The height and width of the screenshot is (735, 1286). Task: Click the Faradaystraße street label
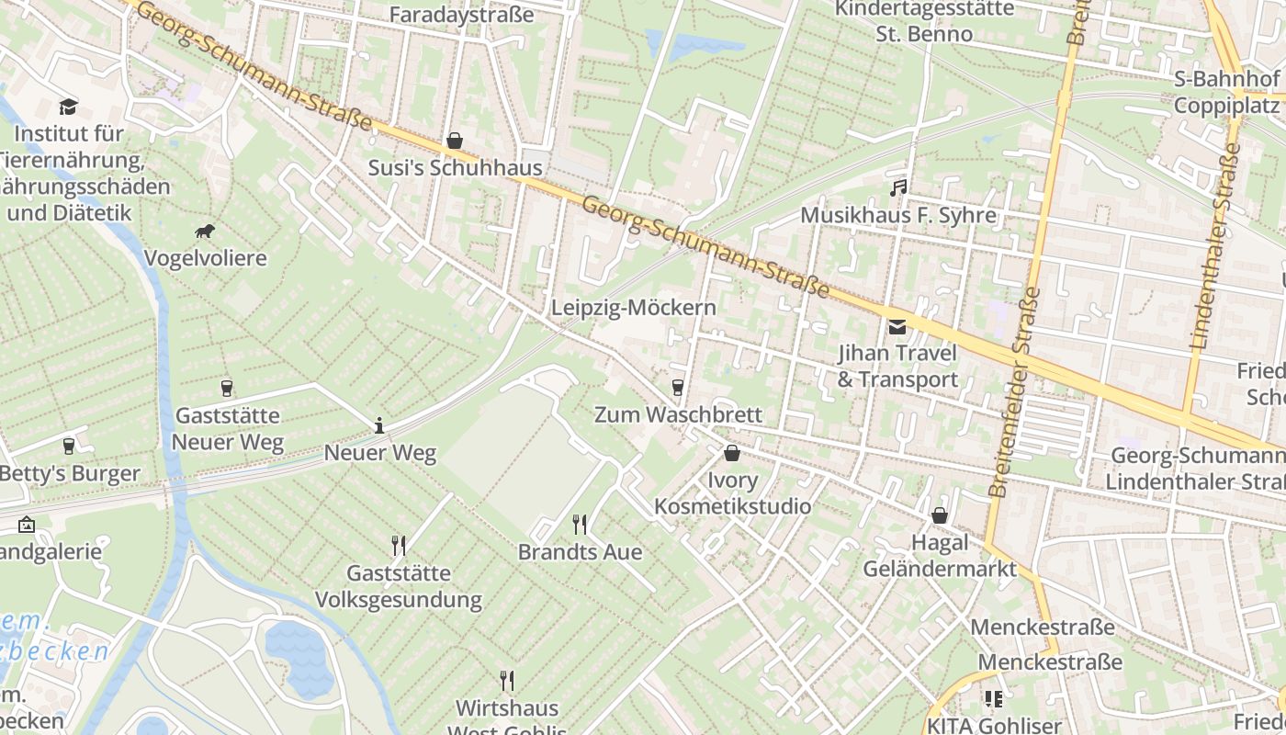point(461,15)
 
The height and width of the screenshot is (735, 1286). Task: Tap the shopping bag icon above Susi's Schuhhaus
point(454,141)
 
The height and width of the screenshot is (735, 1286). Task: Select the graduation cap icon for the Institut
point(68,107)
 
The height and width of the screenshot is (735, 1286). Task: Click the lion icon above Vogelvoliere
point(205,232)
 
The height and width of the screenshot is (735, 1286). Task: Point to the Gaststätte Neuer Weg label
point(228,429)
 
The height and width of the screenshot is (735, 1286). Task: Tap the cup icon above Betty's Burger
point(68,447)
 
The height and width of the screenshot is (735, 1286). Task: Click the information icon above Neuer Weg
point(379,425)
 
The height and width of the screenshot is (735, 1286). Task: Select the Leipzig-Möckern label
point(633,308)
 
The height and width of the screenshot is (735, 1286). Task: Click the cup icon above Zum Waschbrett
point(678,388)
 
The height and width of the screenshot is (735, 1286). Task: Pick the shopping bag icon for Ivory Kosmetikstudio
point(731,453)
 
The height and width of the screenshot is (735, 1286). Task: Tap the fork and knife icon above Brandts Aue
point(580,525)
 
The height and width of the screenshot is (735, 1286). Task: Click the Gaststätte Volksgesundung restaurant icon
point(399,546)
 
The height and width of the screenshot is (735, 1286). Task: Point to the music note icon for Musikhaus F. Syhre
point(898,188)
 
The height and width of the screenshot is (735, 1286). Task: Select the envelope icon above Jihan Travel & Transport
point(897,326)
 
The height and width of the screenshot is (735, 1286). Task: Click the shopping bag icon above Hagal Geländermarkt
point(939,515)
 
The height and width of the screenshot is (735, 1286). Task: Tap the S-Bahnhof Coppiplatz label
point(1227,92)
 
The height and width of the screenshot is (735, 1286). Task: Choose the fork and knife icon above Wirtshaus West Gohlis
point(506,681)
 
